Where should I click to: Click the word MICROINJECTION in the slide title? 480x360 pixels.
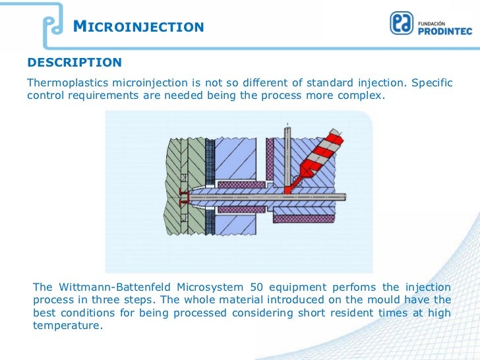point(138,27)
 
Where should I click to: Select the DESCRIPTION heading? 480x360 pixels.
point(74,63)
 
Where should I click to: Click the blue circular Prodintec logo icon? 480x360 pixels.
point(402,24)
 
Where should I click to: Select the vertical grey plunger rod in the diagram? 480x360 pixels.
point(287,158)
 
